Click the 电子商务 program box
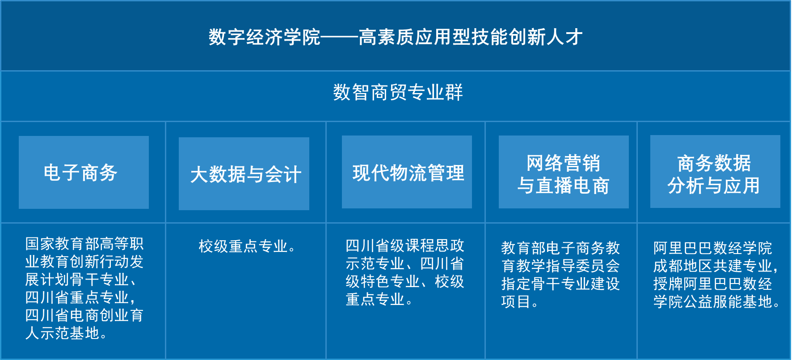pyautogui.click(x=84, y=172)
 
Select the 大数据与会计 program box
pyautogui.click(x=244, y=174)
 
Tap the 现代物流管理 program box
pyautogui.click(x=407, y=172)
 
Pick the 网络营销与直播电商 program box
pyautogui.click(x=564, y=172)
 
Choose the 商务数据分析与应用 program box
pyautogui.click(x=715, y=171)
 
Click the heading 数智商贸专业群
pyautogui.click(x=398, y=93)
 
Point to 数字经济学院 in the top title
pyautogui.click(x=265, y=37)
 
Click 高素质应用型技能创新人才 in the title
pyautogui.click(x=471, y=37)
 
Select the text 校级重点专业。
pyautogui.click(x=247, y=246)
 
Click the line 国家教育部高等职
pyautogui.click(x=84, y=244)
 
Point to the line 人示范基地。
pyautogui.click(x=66, y=333)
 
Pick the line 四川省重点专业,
pyautogui.click(x=80, y=297)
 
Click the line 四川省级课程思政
pyautogui.click(x=405, y=246)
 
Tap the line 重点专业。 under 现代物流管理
pyautogui.click(x=379, y=299)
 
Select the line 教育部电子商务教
pyautogui.click(x=560, y=248)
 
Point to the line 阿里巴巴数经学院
pyautogui.click(x=712, y=248)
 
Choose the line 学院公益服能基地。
pyautogui.click(x=716, y=301)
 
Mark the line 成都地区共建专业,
pyautogui.click(x=716, y=266)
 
